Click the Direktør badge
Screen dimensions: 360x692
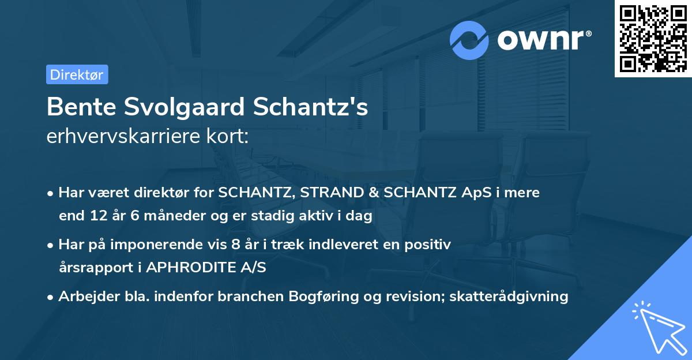77,74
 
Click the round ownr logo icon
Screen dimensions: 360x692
470,40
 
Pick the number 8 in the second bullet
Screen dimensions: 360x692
235,245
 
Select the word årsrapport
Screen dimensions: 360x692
92,268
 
